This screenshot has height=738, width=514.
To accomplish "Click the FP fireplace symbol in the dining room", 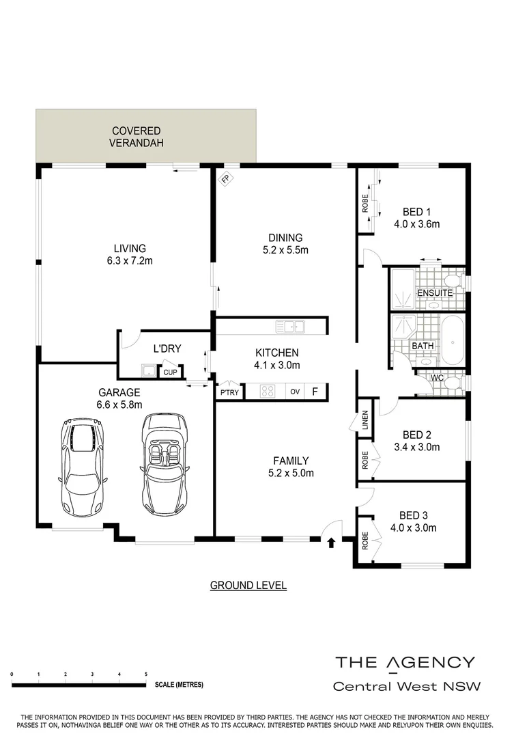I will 225,180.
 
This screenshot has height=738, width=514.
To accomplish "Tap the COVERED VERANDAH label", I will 137,137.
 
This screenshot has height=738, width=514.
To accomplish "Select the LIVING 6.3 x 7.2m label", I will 130,254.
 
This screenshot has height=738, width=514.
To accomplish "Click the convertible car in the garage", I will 164,465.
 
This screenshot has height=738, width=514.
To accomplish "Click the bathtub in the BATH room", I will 453,340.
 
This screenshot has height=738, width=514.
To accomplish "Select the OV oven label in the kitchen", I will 295,392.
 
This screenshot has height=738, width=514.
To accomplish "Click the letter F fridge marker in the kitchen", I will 315,392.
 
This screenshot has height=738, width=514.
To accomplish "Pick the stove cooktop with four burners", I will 268,392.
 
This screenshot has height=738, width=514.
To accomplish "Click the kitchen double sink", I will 289,326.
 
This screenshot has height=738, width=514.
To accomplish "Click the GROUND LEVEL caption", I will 248,586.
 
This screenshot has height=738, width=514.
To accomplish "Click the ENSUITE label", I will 435,293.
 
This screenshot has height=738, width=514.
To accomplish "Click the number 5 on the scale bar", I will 146,674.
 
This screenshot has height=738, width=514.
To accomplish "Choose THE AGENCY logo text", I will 404,661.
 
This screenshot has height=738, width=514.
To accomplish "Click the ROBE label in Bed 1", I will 365,204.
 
